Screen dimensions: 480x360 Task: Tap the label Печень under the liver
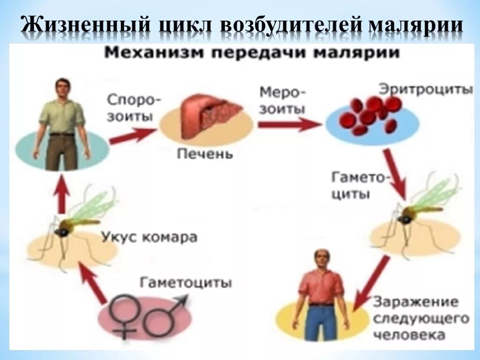pyautogui.click(x=204, y=154)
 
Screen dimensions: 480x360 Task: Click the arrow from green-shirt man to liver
pyautogui.click(x=132, y=135)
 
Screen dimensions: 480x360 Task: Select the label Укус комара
pyautogui.click(x=149, y=237)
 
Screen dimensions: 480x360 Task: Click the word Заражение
pyautogui.click(x=414, y=301)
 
